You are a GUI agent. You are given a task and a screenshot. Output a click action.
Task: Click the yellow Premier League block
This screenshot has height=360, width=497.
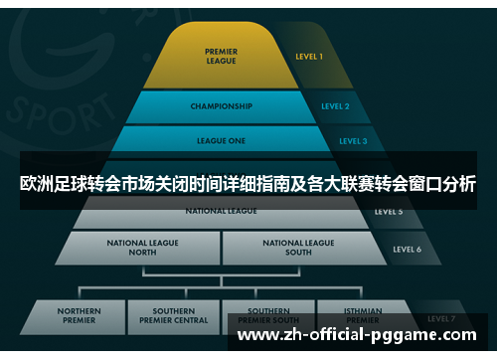[221, 57]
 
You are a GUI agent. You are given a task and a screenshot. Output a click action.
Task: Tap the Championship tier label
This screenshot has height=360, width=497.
[221, 105]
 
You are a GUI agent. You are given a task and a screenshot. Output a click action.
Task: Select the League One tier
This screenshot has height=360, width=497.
[221, 141]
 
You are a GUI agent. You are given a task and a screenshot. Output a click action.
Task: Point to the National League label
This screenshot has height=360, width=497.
[221, 211]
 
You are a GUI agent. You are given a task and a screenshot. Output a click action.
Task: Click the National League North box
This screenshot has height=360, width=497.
[143, 248]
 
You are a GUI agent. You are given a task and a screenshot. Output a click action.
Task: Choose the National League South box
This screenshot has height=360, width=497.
[298, 248]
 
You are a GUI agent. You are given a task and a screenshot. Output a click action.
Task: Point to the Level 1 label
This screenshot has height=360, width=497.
[309, 57]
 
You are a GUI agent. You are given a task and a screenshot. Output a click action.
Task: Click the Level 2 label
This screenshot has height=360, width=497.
[335, 105]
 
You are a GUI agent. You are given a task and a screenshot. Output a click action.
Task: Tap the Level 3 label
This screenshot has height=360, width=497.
[353, 141]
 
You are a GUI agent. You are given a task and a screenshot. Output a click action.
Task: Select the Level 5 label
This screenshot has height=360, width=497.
[389, 212]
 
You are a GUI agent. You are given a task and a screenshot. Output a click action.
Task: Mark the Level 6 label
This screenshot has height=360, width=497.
[407, 249]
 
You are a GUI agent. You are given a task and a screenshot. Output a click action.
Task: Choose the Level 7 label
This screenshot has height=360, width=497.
[441, 318]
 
